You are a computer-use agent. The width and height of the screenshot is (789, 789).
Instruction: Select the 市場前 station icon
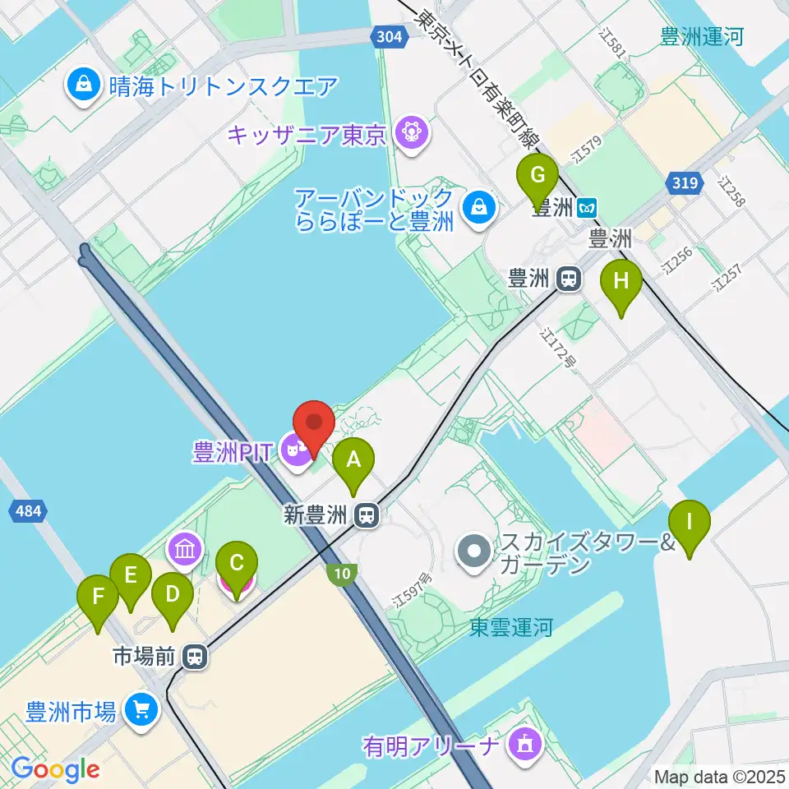(195, 656)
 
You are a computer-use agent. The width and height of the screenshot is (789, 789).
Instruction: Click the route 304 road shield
(386, 37)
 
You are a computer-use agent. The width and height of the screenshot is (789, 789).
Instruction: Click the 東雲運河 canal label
(511, 628)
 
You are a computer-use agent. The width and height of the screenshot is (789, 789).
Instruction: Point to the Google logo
(55, 769)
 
